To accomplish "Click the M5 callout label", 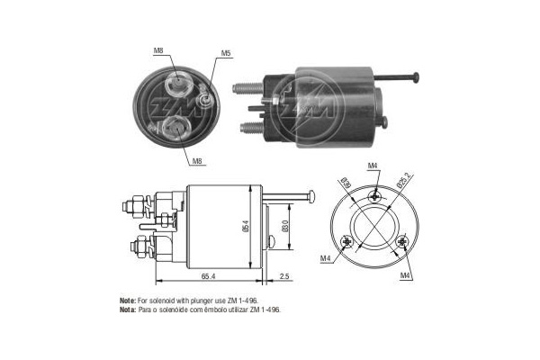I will coord(227,54).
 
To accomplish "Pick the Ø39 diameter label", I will coord(346,184).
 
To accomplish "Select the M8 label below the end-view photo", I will coord(196,160).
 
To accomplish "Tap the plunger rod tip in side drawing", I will coord(311,195).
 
